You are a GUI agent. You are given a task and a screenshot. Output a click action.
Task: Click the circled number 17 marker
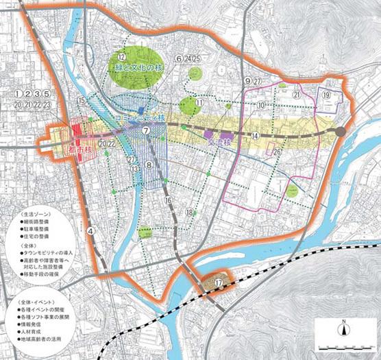click(x=218, y=282)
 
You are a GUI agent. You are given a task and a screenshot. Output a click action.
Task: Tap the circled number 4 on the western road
click(x=90, y=231)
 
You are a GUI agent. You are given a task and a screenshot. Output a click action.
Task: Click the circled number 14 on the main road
click(x=255, y=136)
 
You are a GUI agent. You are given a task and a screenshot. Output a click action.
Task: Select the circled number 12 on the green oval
click(x=121, y=56)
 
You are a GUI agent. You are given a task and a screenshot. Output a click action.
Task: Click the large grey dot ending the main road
click(x=341, y=130)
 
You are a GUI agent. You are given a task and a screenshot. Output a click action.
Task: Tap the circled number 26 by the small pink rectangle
click(x=278, y=151)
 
